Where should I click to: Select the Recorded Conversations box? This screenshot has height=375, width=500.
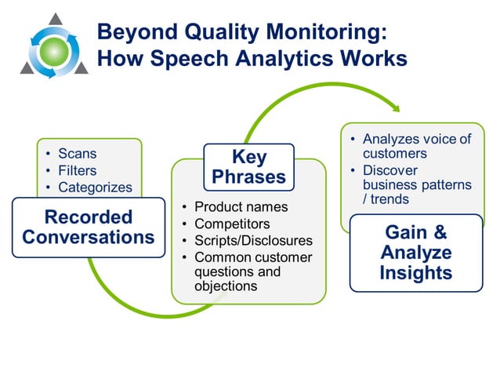click(88, 227)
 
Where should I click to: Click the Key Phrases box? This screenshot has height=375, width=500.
click(248, 166)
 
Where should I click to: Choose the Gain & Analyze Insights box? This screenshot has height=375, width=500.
click(415, 252)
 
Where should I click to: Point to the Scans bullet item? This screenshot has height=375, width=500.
click(77, 153)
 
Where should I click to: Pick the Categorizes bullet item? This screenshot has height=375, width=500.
click(95, 187)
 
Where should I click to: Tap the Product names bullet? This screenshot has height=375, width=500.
click(241, 207)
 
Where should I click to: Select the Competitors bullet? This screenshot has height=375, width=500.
click(231, 224)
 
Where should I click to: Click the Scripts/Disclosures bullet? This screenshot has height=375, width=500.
click(253, 241)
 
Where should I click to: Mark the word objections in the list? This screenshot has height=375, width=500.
click(226, 286)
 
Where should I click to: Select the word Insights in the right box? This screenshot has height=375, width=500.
click(416, 273)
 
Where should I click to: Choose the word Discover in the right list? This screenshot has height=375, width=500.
click(389, 169)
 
